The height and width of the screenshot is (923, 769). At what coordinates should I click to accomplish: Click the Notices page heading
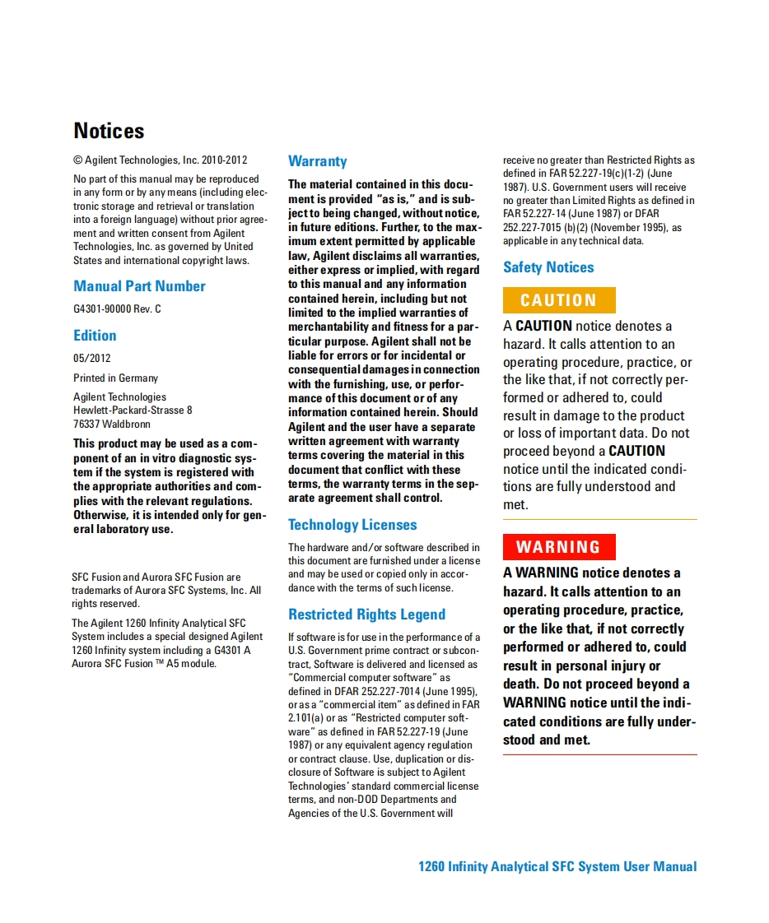[109, 131]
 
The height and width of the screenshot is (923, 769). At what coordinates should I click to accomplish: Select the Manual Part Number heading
[139, 286]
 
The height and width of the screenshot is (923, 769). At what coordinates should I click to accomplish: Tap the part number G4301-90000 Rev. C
[117, 309]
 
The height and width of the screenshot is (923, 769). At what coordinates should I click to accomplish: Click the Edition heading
[95, 336]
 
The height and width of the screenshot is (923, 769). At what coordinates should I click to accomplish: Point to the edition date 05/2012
[91, 358]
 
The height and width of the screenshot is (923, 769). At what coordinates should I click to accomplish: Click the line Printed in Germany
[115, 378]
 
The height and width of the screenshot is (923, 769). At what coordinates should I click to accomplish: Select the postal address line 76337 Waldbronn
[111, 424]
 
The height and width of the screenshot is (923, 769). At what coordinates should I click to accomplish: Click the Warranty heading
[317, 161]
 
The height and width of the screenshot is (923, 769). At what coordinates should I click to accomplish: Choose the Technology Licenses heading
[352, 525]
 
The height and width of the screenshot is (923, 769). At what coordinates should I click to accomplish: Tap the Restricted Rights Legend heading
[366, 615]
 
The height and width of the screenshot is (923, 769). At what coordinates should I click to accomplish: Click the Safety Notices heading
[548, 267]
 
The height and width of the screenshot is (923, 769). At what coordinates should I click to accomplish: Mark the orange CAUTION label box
[558, 300]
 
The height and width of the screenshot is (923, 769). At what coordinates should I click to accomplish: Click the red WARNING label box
[558, 547]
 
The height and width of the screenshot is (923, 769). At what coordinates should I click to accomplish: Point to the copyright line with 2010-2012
[161, 160]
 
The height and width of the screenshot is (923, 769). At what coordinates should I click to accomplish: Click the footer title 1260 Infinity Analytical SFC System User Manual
[557, 866]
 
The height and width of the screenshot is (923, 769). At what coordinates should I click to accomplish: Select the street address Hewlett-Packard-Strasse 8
[133, 410]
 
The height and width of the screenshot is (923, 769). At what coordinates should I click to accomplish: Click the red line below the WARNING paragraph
[599, 754]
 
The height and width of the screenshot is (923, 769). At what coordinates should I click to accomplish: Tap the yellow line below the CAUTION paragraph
[599, 520]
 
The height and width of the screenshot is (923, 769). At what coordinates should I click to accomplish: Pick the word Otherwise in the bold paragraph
[100, 515]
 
